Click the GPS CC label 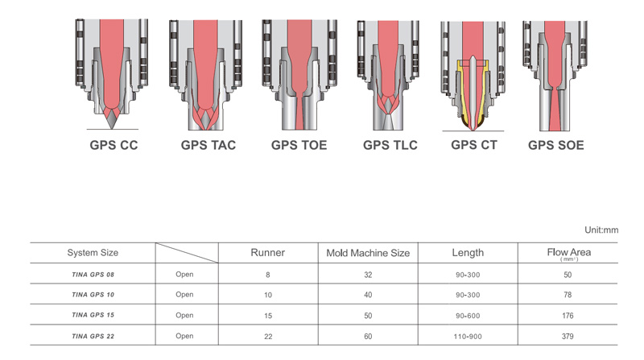[x=114, y=145]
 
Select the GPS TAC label [x=208, y=145]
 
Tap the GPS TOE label [x=299, y=145]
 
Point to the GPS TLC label [x=390, y=145]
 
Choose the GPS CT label [x=474, y=145]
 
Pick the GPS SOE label [x=555, y=145]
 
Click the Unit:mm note [x=601, y=230]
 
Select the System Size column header [x=93, y=253]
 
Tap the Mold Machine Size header [x=368, y=253]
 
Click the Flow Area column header [x=569, y=252]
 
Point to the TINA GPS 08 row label [x=93, y=275]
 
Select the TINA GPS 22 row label [x=93, y=336]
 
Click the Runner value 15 [x=268, y=316]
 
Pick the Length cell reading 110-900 [x=468, y=336]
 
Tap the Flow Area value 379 [x=568, y=336]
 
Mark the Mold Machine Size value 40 [x=368, y=295]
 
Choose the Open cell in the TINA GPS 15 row [x=184, y=315]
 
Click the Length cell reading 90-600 [x=468, y=316]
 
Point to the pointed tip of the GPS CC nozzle [x=112, y=128]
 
